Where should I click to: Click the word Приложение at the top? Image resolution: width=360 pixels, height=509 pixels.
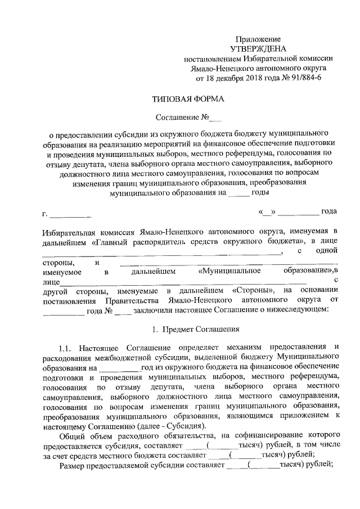point(258,39)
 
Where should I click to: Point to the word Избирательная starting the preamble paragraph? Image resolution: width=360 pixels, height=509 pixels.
point(70,231)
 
